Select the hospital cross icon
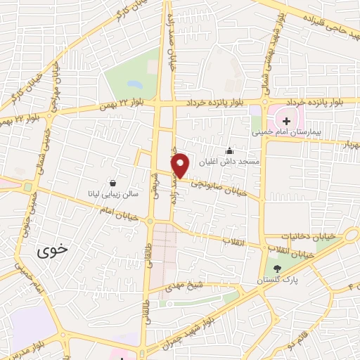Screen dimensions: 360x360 pyautogui.click(x=286, y=121)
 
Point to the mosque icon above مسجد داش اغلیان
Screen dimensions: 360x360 pyautogui.click(x=229, y=150)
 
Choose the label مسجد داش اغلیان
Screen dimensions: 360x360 pyautogui.click(x=229, y=161)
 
